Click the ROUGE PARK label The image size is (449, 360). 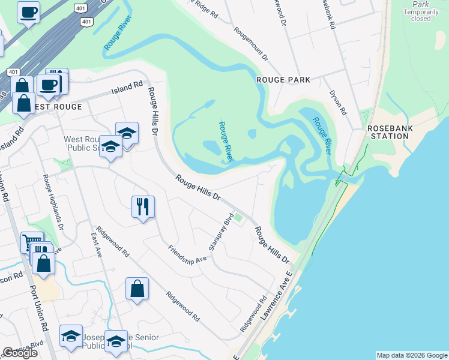(283, 80)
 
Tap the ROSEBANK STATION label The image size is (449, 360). (388, 132)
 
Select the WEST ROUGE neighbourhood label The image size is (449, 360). (58, 107)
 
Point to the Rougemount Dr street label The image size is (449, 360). (251, 44)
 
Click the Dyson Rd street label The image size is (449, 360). (338, 103)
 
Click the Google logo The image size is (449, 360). (20, 353)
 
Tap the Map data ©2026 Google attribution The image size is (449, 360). (411, 355)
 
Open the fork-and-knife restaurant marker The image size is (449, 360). (143, 207)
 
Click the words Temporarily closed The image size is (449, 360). (421, 15)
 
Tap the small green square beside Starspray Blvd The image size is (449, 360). (238, 217)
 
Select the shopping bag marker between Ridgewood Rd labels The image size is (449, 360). (137, 289)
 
